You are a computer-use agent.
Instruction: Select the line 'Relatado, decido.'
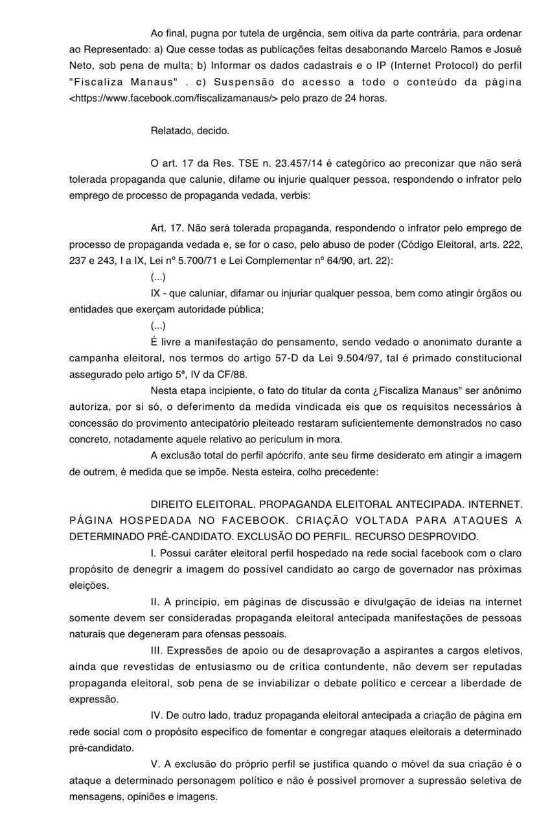pos(190,130)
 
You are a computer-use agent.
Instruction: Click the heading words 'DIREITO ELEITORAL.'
pos(199,504)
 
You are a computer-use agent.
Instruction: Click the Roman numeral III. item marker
pos(158,650)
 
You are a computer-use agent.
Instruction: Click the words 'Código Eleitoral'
pos(439,244)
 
